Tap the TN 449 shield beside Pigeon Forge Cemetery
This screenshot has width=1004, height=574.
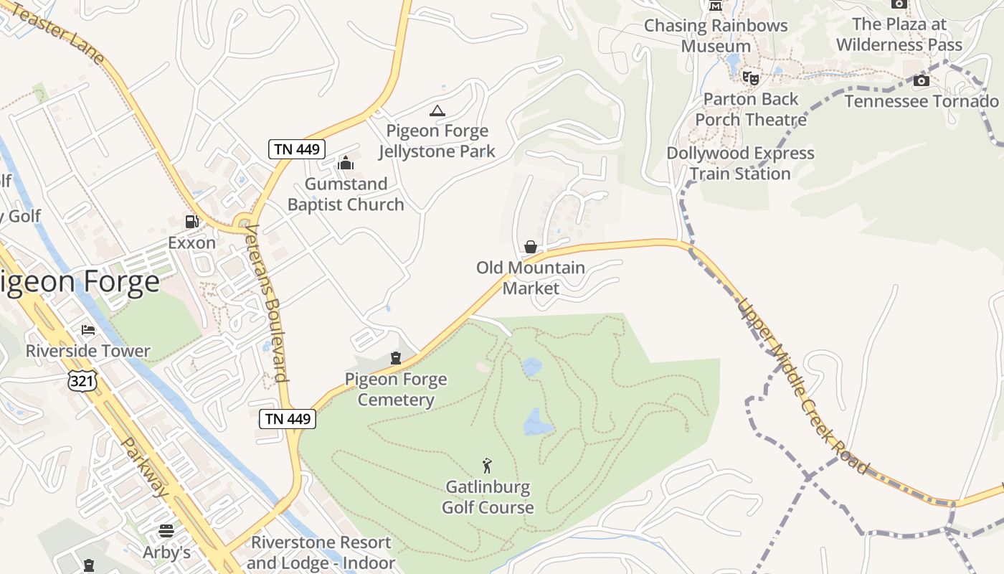coord(288,419)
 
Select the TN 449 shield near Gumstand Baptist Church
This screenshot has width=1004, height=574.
coord(298,149)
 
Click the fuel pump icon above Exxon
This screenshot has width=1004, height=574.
coord(191,222)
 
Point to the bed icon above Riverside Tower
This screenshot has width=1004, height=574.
coord(88,330)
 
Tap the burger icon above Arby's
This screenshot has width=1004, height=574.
coord(166,531)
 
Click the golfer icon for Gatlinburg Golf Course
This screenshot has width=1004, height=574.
coord(488,466)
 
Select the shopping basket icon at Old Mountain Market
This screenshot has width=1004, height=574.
coord(531,247)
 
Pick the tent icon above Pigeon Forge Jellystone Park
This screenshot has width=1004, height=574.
coord(437,110)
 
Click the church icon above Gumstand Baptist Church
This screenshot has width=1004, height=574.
coord(346,163)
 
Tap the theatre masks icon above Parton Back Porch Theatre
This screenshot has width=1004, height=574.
coord(751,77)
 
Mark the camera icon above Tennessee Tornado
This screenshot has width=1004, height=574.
coord(922,80)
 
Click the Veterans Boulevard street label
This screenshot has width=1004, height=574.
coord(266,304)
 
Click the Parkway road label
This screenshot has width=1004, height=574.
coord(145,468)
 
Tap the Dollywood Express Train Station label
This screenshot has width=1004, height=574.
coord(740,164)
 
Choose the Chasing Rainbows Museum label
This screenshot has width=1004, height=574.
coord(716,36)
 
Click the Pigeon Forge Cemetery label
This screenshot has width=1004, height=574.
coord(396,390)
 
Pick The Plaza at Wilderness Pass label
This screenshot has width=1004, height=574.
coord(899,34)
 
